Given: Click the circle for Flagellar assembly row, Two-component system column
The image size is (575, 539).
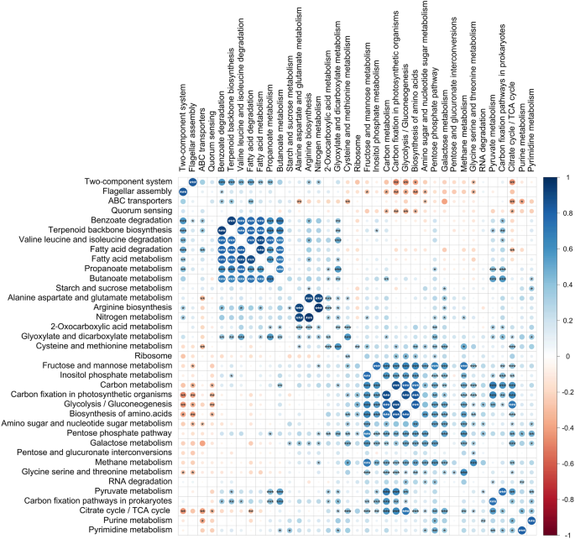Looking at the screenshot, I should click(x=182, y=217).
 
